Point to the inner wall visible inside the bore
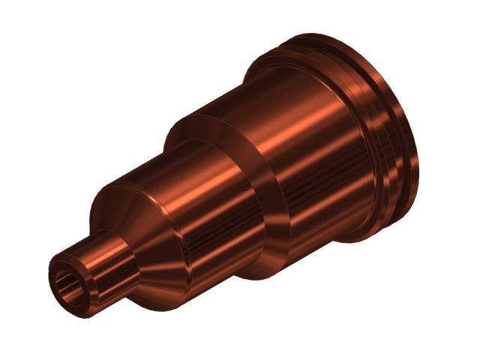[63, 280]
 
